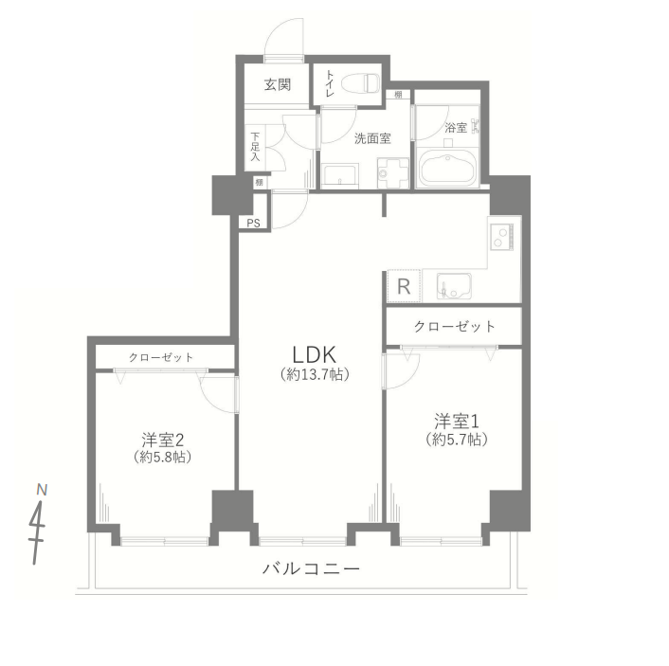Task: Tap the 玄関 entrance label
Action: click(x=277, y=85)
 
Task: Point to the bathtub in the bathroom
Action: click(x=448, y=169)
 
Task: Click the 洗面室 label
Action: click(x=372, y=138)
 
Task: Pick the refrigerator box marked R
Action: click(x=403, y=287)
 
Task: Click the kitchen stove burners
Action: click(x=500, y=235)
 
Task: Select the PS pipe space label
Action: click(x=253, y=224)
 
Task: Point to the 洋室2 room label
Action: click(x=161, y=440)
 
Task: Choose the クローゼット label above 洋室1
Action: click(x=455, y=327)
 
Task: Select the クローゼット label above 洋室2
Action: click(x=161, y=357)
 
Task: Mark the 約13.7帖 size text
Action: click(x=316, y=375)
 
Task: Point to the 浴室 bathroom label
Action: click(x=456, y=127)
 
